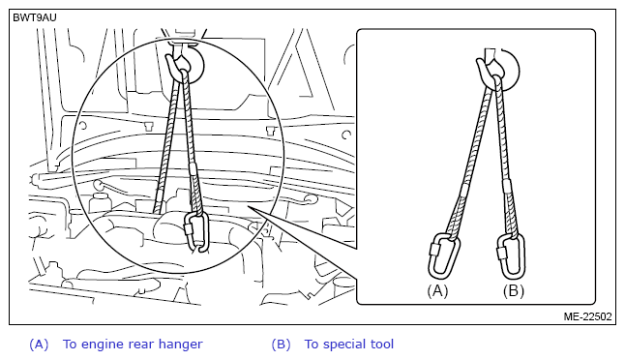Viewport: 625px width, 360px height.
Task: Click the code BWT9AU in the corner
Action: pos(35,17)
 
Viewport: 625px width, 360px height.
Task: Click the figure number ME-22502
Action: pos(587,316)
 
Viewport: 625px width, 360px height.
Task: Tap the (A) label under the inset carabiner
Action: pos(437,291)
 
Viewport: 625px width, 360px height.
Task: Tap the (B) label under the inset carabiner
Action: pos(514,291)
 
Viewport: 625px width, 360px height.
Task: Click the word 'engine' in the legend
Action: pos(103,345)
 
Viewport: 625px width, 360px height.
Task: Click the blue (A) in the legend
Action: pos(39,345)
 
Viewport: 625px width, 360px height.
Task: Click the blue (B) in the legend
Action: pos(281,345)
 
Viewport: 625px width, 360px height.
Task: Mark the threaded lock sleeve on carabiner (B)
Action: pos(500,254)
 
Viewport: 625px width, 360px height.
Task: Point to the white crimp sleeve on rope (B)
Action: pos(506,186)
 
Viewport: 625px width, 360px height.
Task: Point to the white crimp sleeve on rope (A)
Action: pos(464,190)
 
